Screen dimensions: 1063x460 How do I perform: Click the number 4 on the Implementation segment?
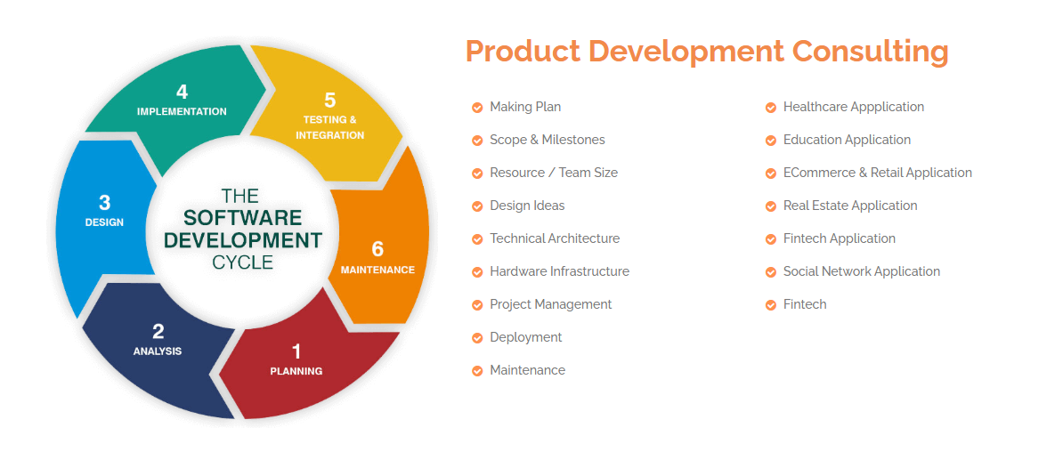pyautogui.click(x=182, y=92)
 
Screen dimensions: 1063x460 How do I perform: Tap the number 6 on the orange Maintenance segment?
pyautogui.click(x=377, y=249)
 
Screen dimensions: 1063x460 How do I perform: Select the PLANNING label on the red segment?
pyautogui.click(x=296, y=371)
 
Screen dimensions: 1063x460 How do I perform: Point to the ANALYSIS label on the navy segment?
pyautogui.click(x=158, y=351)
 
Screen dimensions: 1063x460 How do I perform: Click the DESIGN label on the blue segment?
pyautogui.click(x=104, y=222)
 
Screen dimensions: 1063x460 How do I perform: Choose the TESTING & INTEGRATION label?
pyautogui.click(x=329, y=127)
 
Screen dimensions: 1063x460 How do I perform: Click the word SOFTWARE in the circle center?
pyautogui.click(x=242, y=218)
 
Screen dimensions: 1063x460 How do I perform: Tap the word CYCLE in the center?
pyautogui.click(x=242, y=262)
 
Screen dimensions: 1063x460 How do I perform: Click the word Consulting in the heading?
pyautogui.click(x=870, y=51)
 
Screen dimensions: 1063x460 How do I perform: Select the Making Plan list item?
pyautogui.click(x=525, y=107)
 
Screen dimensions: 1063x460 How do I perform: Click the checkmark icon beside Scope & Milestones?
pyautogui.click(x=477, y=141)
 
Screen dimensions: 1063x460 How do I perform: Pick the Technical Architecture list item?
pyautogui.click(x=555, y=238)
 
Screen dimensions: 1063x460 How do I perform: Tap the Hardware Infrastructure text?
pyautogui.click(x=559, y=271)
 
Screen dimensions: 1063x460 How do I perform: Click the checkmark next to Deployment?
pyautogui.click(x=477, y=338)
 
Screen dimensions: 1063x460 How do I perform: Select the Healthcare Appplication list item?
pyautogui.click(x=853, y=107)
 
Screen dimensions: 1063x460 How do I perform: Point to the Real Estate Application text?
pyautogui.click(x=849, y=206)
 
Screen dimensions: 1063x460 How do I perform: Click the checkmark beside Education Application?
pyautogui.click(x=771, y=141)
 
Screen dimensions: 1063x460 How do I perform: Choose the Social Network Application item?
pyautogui.click(x=861, y=271)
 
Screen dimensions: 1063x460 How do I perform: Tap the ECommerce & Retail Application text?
pyautogui.click(x=877, y=173)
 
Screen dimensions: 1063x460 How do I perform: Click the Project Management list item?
pyautogui.click(x=550, y=304)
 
